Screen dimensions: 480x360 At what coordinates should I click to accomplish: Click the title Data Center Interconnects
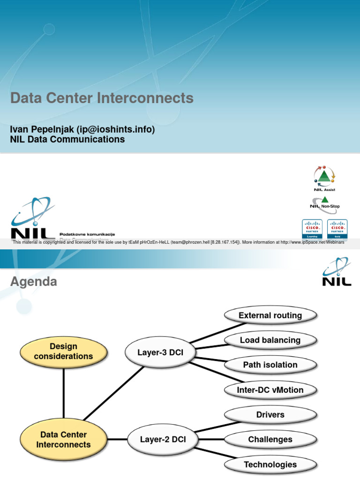coord(102,98)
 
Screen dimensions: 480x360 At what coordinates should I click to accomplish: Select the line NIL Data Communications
coord(67,139)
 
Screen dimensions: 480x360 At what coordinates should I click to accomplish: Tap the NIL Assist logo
coord(324,178)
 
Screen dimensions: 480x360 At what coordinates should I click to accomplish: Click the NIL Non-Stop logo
coord(324,203)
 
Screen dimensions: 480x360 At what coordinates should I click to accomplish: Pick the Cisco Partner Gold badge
coord(337,229)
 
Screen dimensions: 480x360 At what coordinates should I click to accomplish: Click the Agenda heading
coord(34,282)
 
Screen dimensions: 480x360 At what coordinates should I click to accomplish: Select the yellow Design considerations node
coord(63,352)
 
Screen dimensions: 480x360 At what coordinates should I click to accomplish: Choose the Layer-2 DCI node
coord(163,439)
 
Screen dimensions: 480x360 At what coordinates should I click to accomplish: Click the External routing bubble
coord(270,315)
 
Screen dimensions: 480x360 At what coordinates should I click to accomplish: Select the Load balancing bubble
coord(270,340)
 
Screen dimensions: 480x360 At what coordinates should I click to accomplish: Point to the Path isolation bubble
coord(270,365)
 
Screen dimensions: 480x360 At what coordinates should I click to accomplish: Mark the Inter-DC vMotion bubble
coord(270,390)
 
